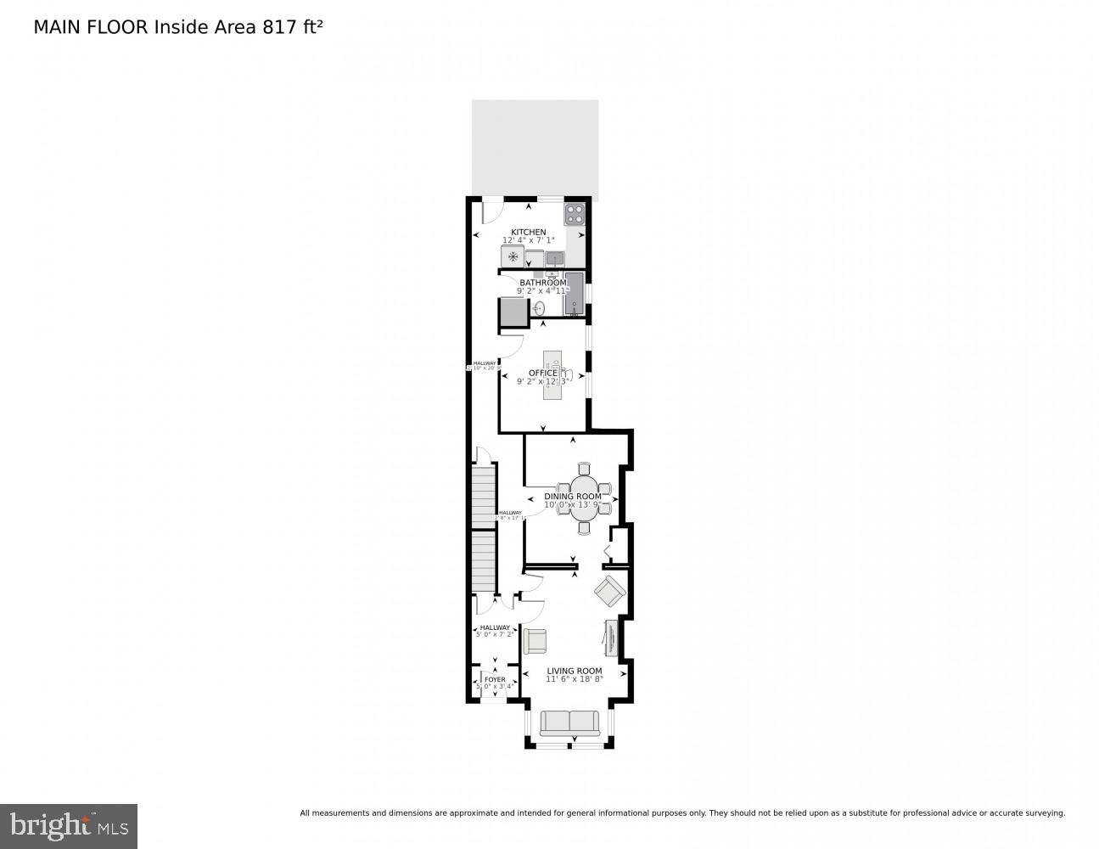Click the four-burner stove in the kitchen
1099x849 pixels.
(575, 214)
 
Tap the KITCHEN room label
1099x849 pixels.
(528, 232)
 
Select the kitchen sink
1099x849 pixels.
(555, 257)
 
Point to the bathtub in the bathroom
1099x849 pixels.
(575, 294)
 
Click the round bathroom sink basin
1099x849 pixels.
(540, 307)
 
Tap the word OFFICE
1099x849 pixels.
(543, 373)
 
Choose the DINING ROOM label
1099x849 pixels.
(573, 497)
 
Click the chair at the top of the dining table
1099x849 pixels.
(584, 469)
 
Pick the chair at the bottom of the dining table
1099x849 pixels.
(584, 528)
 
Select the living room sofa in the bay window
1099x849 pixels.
(569, 723)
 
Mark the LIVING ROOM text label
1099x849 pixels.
(574, 671)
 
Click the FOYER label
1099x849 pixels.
(494, 679)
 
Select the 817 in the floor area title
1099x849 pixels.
(278, 27)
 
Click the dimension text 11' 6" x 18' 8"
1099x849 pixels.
(574, 678)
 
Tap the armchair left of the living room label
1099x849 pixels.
(535, 640)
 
